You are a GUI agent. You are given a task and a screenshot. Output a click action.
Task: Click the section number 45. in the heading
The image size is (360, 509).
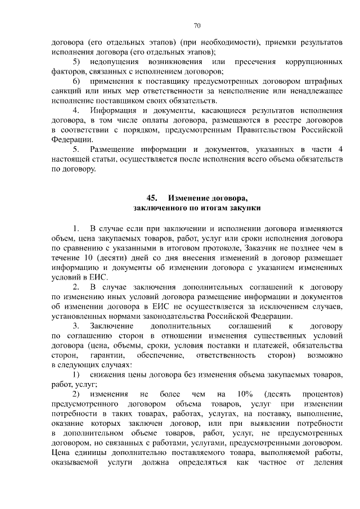pos(152,198)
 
